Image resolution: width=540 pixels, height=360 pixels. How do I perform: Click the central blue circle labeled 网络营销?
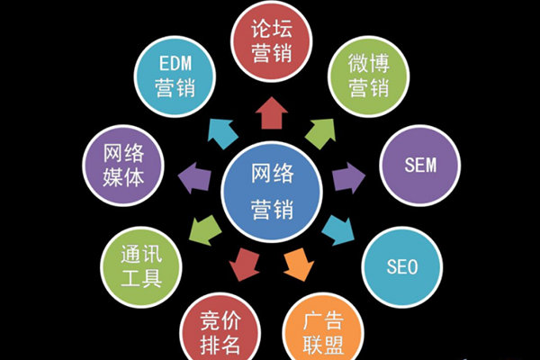(272, 192)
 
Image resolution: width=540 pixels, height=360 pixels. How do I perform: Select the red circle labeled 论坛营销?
(272, 41)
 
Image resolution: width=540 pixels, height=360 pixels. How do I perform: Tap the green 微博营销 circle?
(368, 76)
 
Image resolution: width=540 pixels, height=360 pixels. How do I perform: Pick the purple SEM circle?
(420, 166)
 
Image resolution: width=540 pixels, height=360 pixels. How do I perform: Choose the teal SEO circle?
(402, 267)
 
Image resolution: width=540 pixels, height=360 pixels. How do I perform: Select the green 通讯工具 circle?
(141, 267)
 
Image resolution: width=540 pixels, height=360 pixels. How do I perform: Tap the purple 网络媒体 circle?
(123, 166)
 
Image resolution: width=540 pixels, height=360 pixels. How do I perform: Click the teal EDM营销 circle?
(175, 76)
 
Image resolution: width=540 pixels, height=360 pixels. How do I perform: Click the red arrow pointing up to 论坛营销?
(272, 113)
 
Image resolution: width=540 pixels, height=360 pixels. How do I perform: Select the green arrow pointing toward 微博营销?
(320, 133)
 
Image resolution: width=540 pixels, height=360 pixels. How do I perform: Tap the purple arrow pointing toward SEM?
(348, 178)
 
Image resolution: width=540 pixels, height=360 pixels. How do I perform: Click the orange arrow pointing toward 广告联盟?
(298, 265)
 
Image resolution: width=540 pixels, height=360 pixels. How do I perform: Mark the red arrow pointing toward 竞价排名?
(245, 265)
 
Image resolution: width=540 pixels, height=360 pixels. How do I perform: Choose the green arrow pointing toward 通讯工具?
(205, 230)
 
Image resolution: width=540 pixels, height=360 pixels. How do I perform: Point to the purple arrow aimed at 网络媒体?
(194, 178)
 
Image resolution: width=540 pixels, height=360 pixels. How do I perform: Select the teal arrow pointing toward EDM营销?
(222, 133)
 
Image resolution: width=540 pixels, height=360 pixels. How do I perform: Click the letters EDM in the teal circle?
(175, 63)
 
